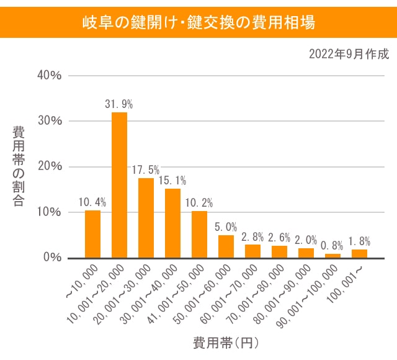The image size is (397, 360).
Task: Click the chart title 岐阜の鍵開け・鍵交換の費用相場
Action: click(x=198, y=23)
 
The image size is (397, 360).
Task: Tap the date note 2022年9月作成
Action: click(x=349, y=54)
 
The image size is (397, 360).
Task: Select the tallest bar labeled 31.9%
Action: click(x=119, y=185)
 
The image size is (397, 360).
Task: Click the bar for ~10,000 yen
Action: click(x=92, y=234)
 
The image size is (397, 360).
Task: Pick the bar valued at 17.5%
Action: click(x=146, y=218)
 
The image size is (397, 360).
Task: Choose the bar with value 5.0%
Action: click(x=226, y=246)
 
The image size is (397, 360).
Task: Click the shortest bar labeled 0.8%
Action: click(x=332, y=256)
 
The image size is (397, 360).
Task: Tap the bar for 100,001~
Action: click(x=359, y=253)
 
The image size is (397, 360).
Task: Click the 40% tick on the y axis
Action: click(x=48, y=75)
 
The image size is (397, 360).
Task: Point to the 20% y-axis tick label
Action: click(x=48, y=166)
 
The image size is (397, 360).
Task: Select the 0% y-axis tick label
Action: click(x=51, y=258)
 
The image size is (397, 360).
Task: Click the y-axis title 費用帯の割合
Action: click(x=19, y=166)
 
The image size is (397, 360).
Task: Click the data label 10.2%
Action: click(x=199, y=202)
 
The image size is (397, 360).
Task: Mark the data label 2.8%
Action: click(x=252, y=236)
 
